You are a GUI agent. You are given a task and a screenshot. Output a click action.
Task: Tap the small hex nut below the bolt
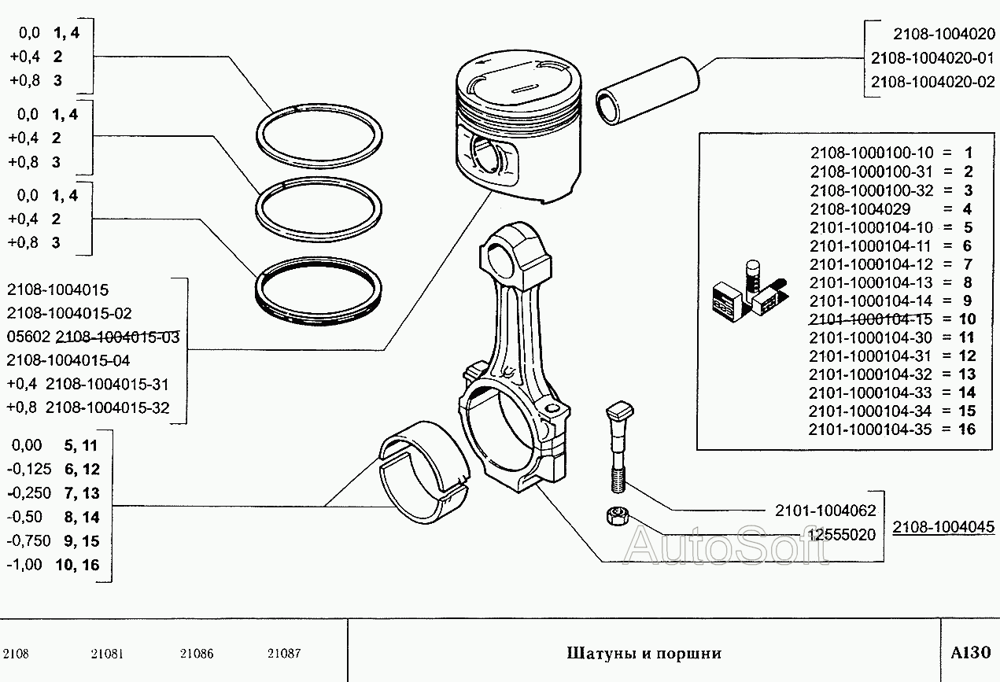click(617, 518)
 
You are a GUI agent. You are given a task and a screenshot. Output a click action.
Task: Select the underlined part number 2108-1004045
click(943, 527)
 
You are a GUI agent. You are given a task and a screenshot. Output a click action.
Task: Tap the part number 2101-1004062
click(825, 511)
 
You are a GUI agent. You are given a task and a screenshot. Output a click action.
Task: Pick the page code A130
click(969, 653)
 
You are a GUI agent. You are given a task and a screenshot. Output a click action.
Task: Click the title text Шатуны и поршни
click(643, 653)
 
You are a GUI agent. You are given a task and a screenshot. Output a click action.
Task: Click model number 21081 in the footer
click(107, 654)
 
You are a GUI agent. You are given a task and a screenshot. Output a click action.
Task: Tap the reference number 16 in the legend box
click(967, 429)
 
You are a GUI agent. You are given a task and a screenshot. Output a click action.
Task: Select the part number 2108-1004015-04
click(68, 360)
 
